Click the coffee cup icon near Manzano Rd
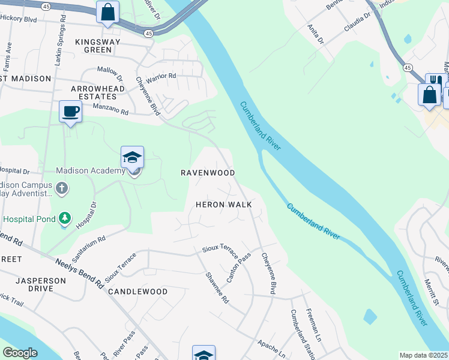pyautogui.click(x=71, y=112)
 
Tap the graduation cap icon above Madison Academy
pyautogui.click(x=132, y=157)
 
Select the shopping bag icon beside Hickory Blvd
pyautogui.click(x=107, y=11)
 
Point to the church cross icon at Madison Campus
pyautogui.click(x=61, y=188)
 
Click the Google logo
pyautogui.click(x=20, y=353)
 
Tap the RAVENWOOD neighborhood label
pyautogui.click(x=208, y=172)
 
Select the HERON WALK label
pyautogui.click(x=223, y=205)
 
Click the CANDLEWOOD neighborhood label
pyautogui.click(x=137, y=292)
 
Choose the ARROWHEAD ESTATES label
pyautogui.click(x=94, y=92)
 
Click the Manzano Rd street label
pyautogui.click(x=111, y=109)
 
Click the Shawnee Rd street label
pyautogui.click(x=217, y=287)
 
